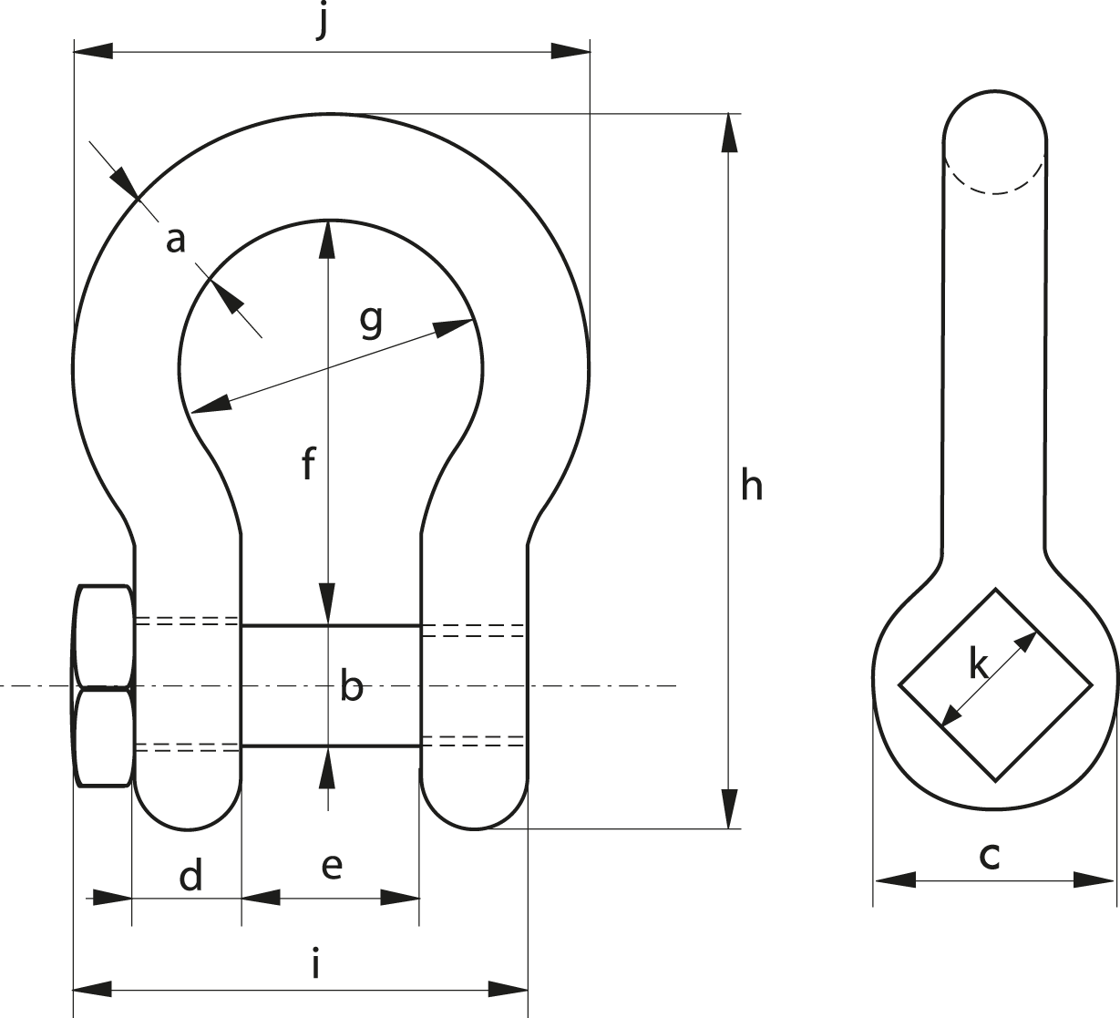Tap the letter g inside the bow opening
(x=371, y=322)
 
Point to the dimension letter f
(x=308, y=464)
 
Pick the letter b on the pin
(x=352, y=684)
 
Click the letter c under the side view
(x=990, y=856)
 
